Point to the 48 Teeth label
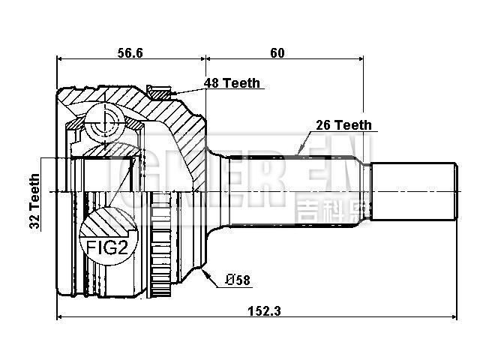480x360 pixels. click(x=233, y=83)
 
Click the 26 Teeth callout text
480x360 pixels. click(x=343, y=125)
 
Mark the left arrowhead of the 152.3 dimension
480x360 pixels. click(x=60, y=318)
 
